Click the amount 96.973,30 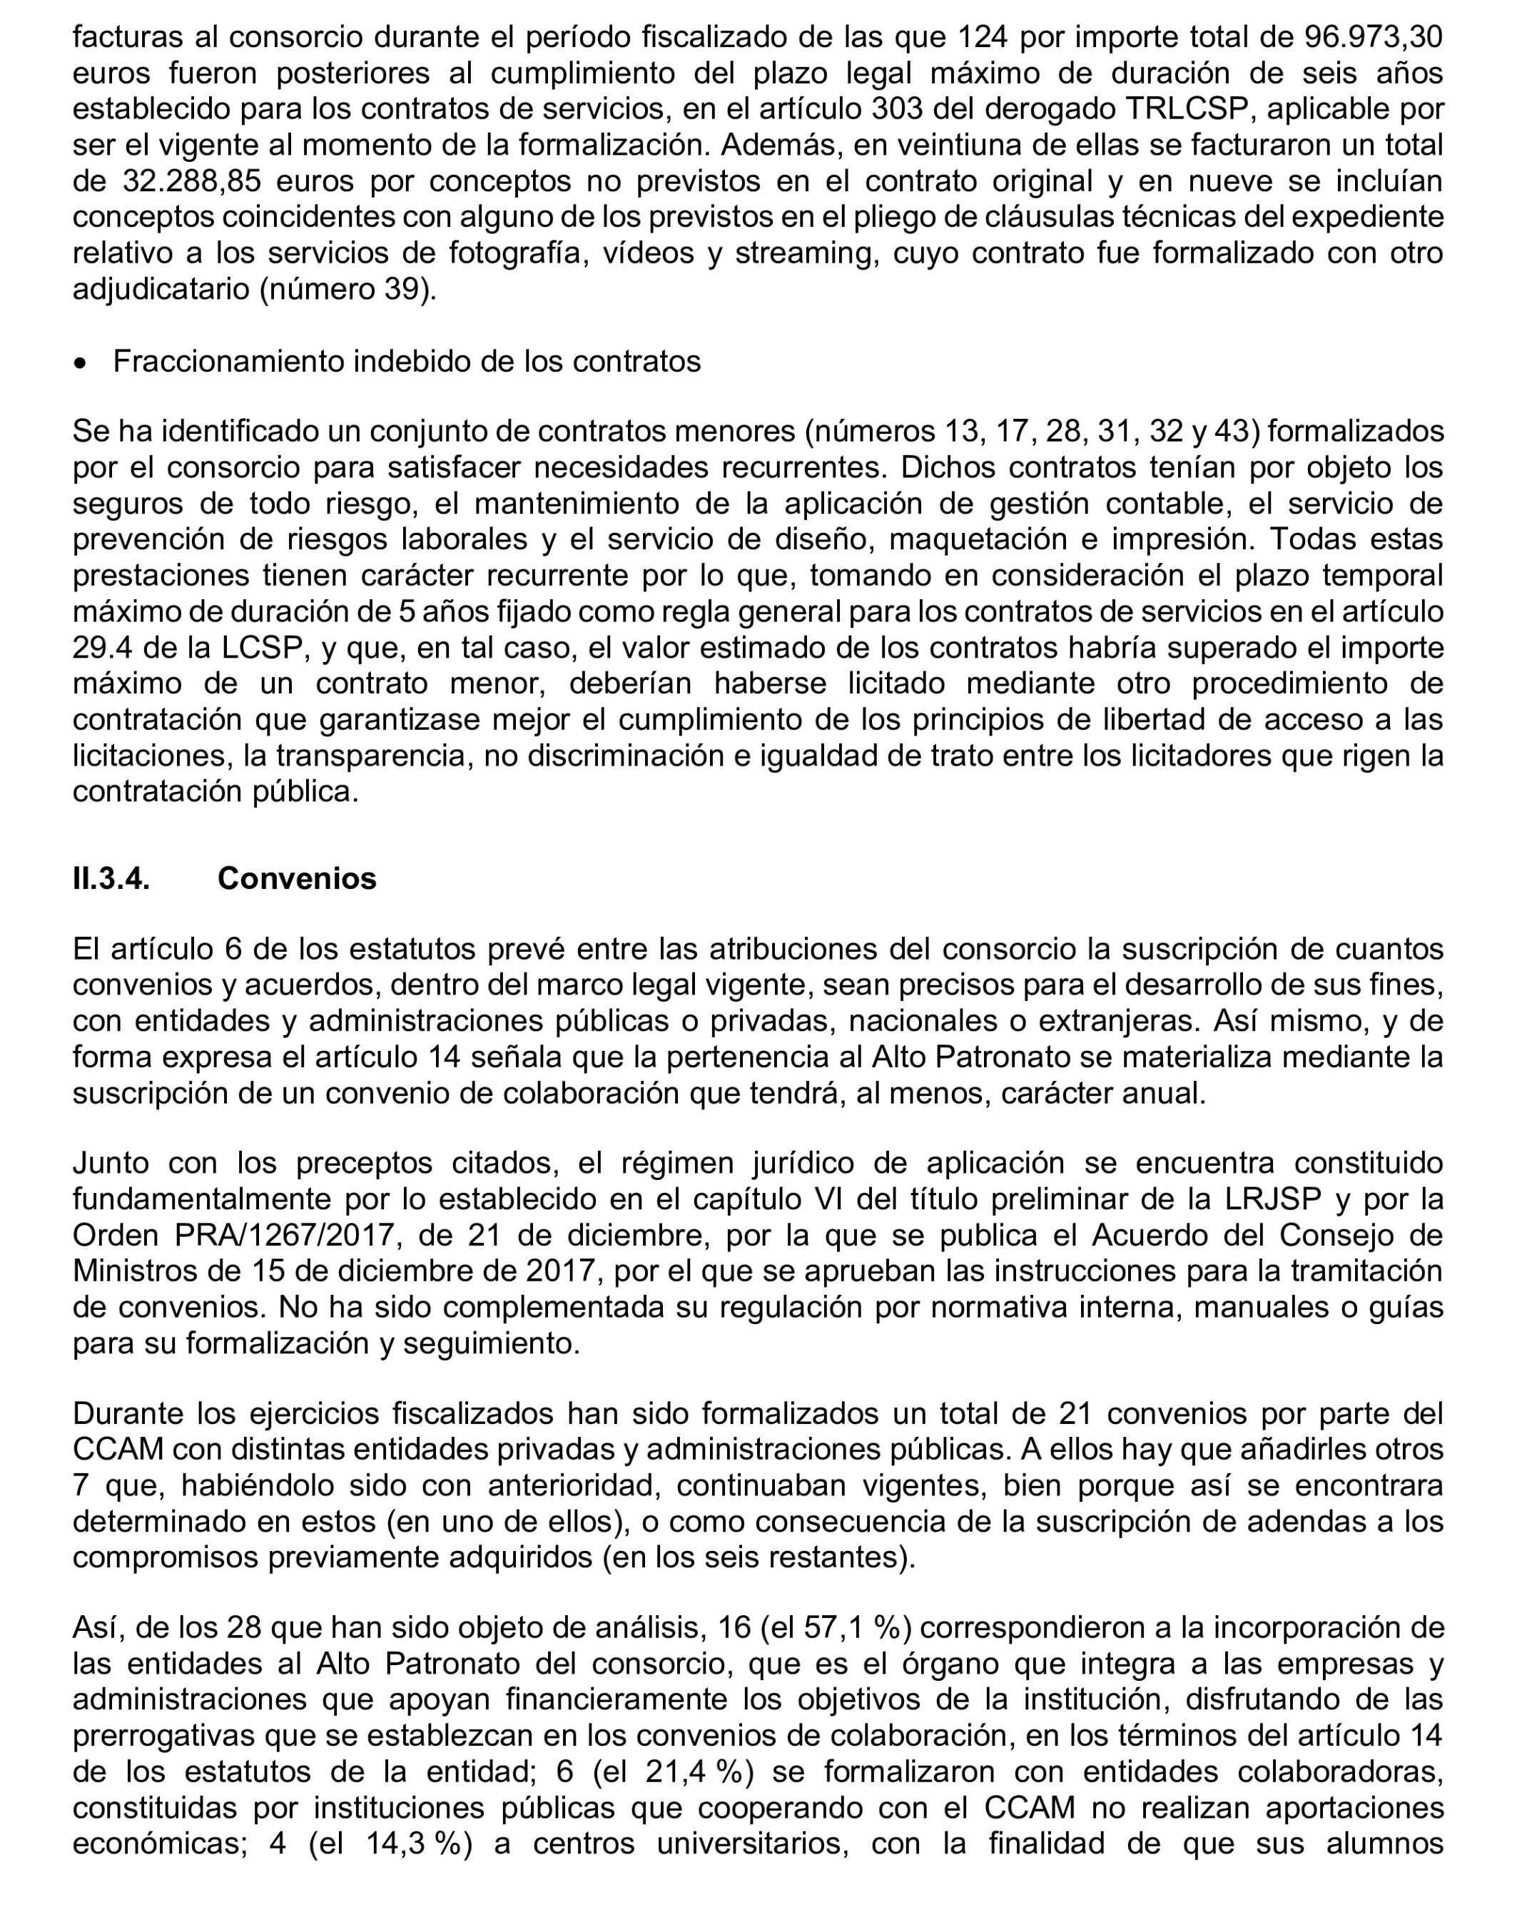(x=1374, y=37)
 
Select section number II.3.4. (x=111, y=878)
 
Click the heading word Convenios (x=298, y=878)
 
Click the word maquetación (x=974, y=539)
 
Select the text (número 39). (x=347, y=289)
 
